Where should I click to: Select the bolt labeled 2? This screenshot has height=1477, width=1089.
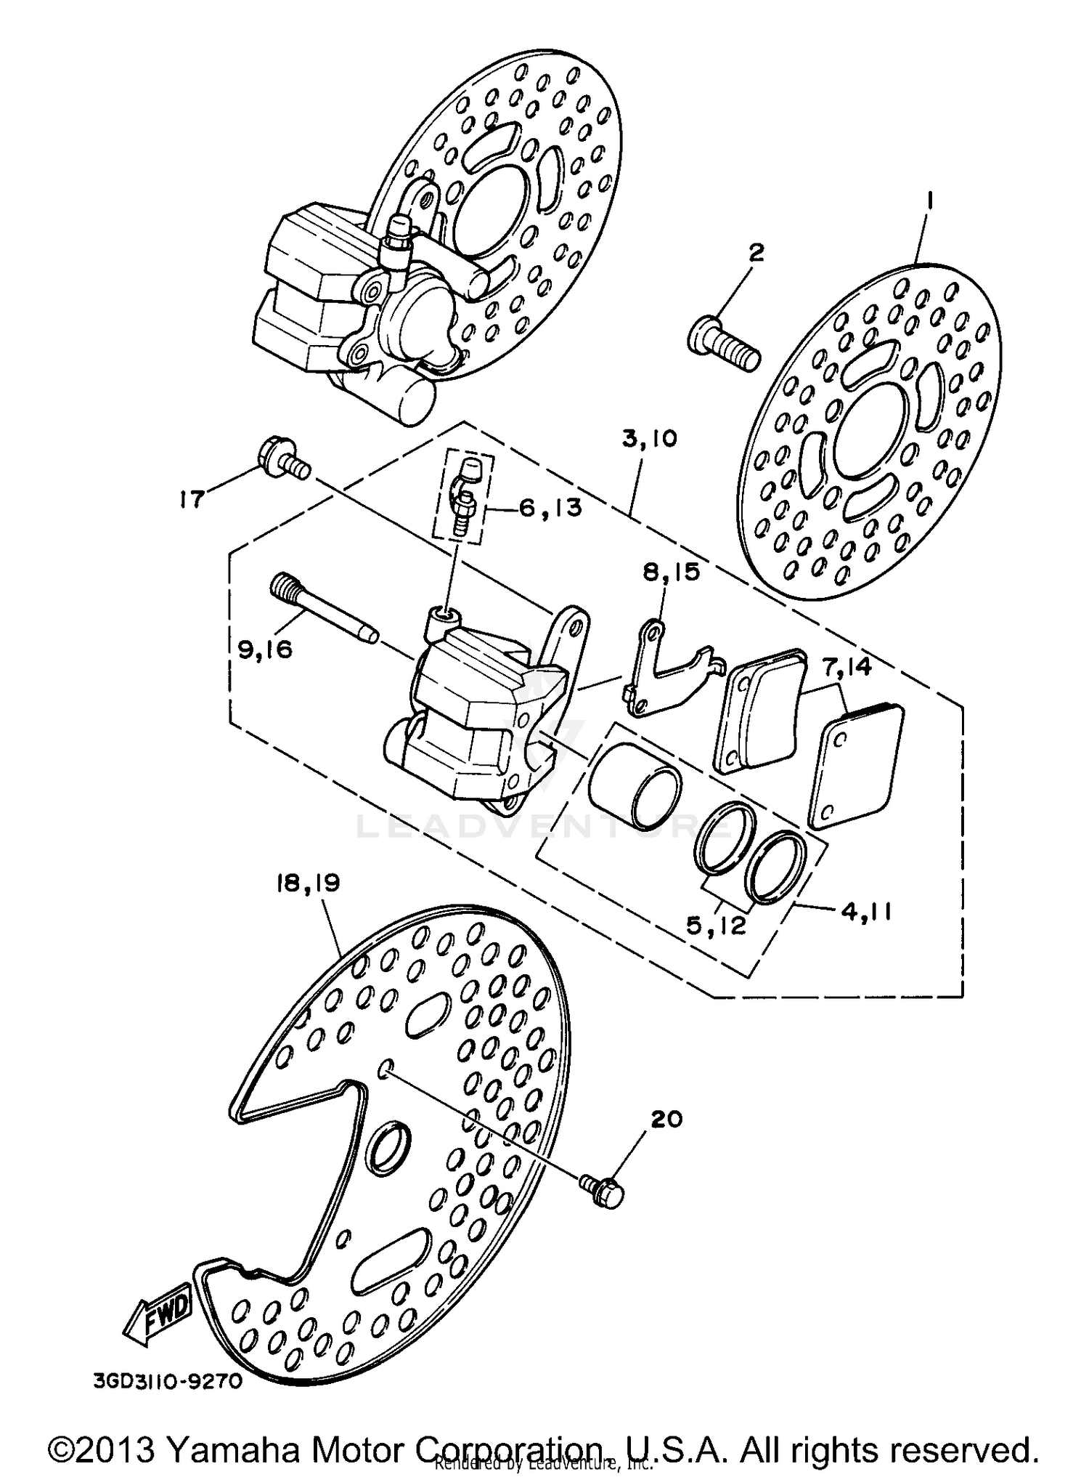point(723,349)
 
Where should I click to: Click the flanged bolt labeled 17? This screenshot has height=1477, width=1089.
point(284,459)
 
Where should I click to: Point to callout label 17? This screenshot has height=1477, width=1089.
point(192,500)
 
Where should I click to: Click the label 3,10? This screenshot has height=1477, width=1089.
point(648,439)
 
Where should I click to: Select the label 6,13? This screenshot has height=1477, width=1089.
point(550,508)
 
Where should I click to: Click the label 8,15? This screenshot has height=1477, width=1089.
point(670,572)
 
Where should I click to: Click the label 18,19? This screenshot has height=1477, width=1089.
point(308,883)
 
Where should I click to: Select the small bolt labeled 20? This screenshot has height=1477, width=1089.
point(603,1191)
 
